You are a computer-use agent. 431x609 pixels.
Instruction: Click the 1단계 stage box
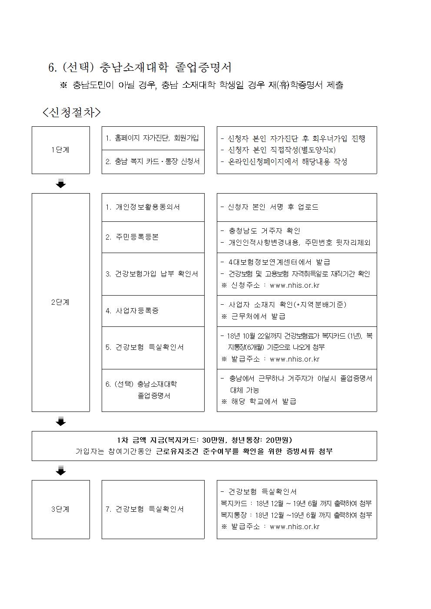pos(60,150)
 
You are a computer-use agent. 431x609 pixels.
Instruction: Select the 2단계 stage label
pos(60,302)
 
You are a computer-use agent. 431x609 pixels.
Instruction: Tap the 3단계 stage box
pos(60,509)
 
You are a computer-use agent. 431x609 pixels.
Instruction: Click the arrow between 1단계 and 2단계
pos(61,184)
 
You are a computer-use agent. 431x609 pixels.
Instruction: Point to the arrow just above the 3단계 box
pos(61,471)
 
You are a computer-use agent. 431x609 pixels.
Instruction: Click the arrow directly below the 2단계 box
pos(61,421)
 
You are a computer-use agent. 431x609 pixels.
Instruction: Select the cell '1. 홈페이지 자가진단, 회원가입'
pos(153,138)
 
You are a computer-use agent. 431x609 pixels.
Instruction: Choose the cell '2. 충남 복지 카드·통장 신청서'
pos(153,161)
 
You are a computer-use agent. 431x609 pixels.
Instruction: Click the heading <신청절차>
pos(72,112)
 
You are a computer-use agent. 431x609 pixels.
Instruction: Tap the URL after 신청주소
pos(295,286)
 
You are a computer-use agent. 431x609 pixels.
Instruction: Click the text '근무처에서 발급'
pos(258,316)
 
